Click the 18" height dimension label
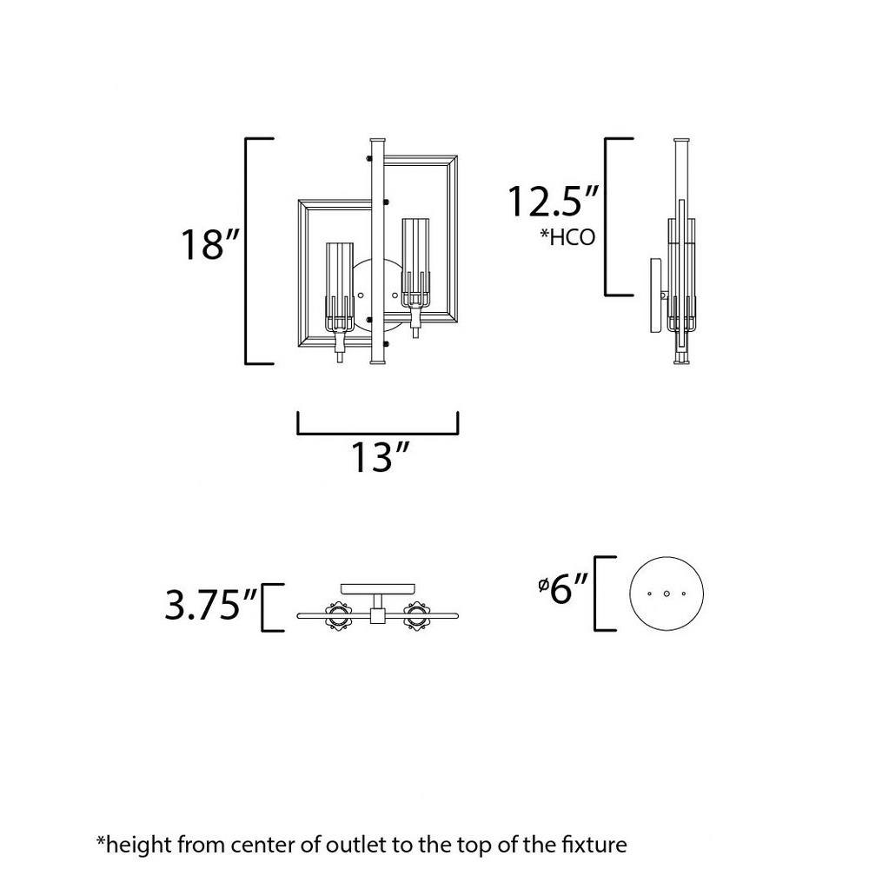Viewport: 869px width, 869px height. click(x=209, y=245)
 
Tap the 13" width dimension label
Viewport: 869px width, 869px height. click(x=381, y=457)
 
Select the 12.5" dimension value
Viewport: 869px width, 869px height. click(x=553, y=202)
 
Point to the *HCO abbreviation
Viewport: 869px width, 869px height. click(x=567, y=237)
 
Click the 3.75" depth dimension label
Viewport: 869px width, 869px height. click(x=210, y=605)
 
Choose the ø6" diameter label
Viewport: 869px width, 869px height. click(x=562, y=588)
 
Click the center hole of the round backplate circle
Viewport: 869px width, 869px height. click(x=667, y=594)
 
